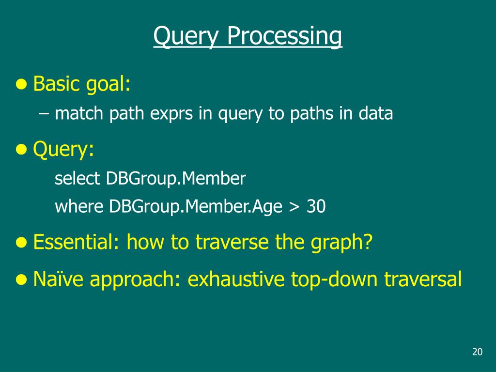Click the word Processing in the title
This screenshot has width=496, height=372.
click(284, 36)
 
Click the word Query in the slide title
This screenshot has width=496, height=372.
click(186, 36)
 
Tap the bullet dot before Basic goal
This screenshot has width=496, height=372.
click(21, 84)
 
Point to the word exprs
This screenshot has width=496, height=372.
click(171, 113)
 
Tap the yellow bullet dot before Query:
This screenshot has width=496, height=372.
click(21, 149)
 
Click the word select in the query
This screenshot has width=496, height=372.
click(77, 178)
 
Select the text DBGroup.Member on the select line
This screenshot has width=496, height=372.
click(176, 178)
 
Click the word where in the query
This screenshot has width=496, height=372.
click(79, 206)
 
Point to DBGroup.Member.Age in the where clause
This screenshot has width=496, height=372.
click(196, 207)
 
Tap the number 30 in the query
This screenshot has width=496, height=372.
click(316, 206)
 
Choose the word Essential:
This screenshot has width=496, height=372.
click(76, 242)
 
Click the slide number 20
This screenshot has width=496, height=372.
click(477, 352)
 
